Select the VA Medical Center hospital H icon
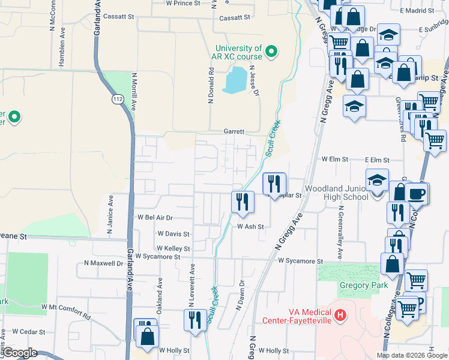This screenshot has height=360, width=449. coord(340,314)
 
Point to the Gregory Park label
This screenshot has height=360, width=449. coord(363,285)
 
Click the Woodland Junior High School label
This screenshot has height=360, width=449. coord(336,193)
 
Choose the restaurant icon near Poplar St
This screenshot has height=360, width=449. coord(274,183)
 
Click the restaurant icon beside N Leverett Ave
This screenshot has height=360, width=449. coord(194,319)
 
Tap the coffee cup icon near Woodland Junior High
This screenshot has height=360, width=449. coord(416,193)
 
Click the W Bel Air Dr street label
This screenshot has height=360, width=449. coord(155,218)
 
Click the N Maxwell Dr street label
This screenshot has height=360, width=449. coord(103,263)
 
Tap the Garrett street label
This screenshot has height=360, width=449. coord(234,131)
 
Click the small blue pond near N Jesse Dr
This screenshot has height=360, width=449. coord(234,80)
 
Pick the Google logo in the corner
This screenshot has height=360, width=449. coord(20,353)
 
